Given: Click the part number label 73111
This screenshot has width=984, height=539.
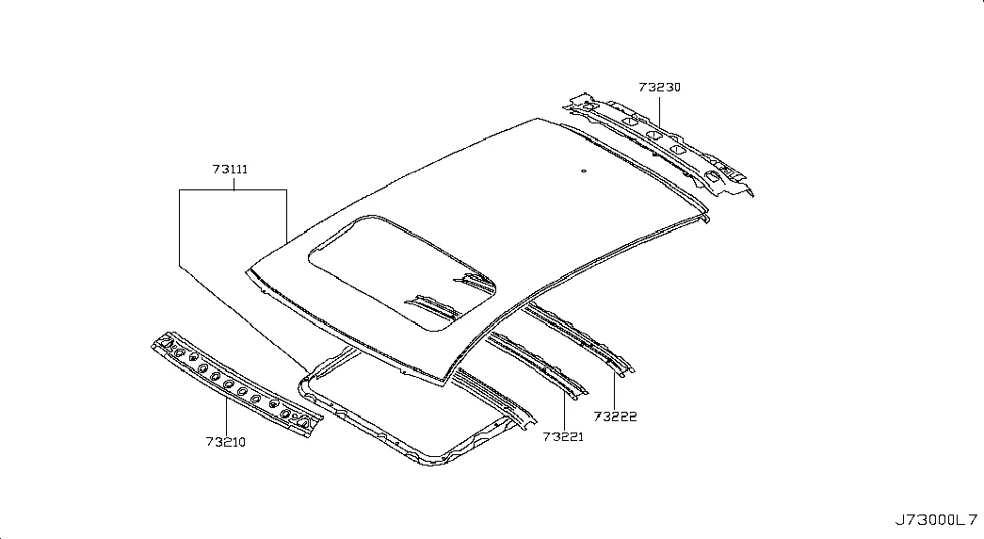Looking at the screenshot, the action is pyautogui.click(x=230, y=169).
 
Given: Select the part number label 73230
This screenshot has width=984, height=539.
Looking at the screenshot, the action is pyautogui.click(x=659, y=88).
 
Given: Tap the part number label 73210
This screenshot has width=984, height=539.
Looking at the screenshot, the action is pyautogui.click(x=226, y=442).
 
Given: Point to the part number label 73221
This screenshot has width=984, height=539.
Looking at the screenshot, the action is pyautogui.click(x=563, y=436).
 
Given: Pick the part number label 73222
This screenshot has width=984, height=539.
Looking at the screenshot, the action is pyautogui.click(x=615, y=416).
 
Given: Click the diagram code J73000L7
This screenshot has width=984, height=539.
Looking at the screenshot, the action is pyautogui.click(x=936, y=520).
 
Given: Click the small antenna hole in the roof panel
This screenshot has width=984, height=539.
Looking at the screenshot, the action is pyautogui.click(x=584, y=171).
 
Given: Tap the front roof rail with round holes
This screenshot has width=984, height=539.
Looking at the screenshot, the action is pyautogui.click(x=237, y=384).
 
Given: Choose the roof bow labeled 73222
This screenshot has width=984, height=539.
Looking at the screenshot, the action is pyautogui.click(x=580, y=338).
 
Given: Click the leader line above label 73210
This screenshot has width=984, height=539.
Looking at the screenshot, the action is pyautogui.click(x=226, y=415).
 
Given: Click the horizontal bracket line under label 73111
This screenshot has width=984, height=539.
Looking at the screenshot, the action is pyautogui.click(x=233, y=189).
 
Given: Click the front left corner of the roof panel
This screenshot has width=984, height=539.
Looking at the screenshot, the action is pyautogui.click(x=246, y=270).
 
